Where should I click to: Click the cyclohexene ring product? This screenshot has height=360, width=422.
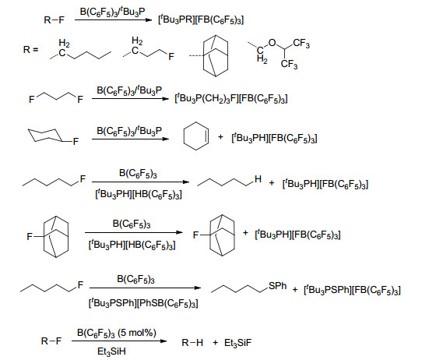(184, 136)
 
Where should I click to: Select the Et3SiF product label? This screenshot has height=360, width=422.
(237, 343)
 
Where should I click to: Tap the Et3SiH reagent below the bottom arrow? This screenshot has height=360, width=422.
(111, 351)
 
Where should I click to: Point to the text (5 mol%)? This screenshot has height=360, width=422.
(137, 333)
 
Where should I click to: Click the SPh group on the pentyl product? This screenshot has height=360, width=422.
(277, 286)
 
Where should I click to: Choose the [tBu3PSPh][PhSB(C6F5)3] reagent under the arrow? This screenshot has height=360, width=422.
(143, 303)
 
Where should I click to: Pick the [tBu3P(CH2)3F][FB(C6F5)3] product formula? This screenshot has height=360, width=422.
(231, 98)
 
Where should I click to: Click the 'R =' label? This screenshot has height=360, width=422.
(30, 50)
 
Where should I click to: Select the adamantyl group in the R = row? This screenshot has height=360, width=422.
(216, 56)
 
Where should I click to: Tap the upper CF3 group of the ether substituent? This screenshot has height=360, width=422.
(301, 44)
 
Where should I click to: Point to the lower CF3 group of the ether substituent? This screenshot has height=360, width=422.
(289, 65)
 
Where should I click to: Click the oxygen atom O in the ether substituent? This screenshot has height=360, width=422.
(272, 43)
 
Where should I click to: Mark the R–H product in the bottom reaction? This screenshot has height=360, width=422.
(192, 343)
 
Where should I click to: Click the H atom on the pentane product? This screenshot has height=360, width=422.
(258, 178)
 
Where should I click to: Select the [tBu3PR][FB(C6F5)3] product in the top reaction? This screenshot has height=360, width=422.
(201, 19)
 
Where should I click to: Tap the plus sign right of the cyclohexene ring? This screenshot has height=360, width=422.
(220, 137)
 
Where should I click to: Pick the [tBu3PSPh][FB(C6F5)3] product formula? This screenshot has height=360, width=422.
(352, 290)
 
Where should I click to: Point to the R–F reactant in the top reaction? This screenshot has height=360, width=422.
(54, 20)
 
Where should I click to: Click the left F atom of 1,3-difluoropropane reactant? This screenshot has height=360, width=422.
(31, 100)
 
